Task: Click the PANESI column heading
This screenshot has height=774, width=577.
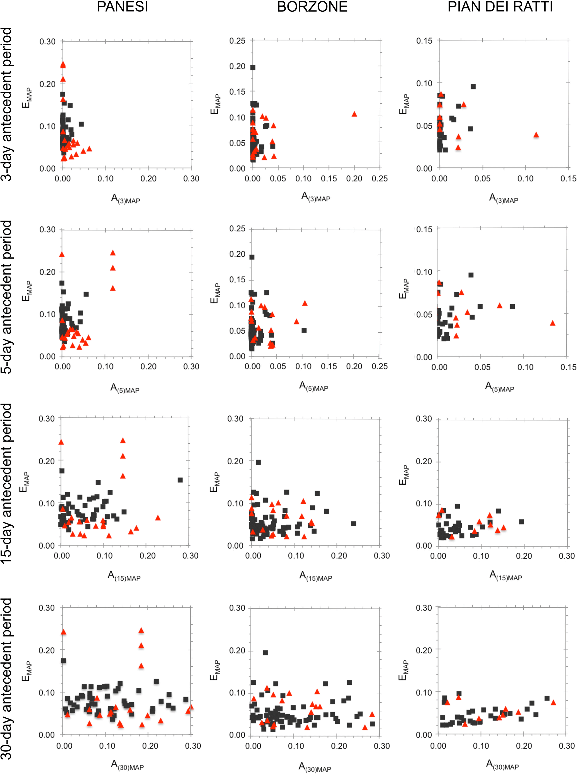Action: (x=122, y=7)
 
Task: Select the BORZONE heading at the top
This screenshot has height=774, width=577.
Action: (x=312, y=7)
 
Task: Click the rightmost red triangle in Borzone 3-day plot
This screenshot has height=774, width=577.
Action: (x=354, y=114)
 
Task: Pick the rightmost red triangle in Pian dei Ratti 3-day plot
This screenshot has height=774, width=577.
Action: (x=536, y=135)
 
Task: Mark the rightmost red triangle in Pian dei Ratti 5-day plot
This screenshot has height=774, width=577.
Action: (x=552, y=323)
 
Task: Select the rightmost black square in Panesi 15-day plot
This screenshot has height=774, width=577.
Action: (x=180, y=480)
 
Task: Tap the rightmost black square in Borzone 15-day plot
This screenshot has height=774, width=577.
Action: (x=353, y=524)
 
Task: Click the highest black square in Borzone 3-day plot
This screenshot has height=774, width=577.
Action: (x=253, y=67)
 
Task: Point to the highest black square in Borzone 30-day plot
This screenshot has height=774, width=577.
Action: (x=265, y=653)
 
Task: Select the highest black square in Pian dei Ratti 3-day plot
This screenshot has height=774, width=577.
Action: (x=473, y=86)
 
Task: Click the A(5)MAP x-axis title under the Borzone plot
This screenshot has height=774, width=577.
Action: (x=314, y=386)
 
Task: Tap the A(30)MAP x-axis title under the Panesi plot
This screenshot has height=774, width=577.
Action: (x=127, y=764)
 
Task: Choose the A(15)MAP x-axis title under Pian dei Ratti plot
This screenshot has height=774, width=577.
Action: (x=506, y=575)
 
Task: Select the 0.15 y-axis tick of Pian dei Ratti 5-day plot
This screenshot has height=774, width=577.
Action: (x=424, y=229)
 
